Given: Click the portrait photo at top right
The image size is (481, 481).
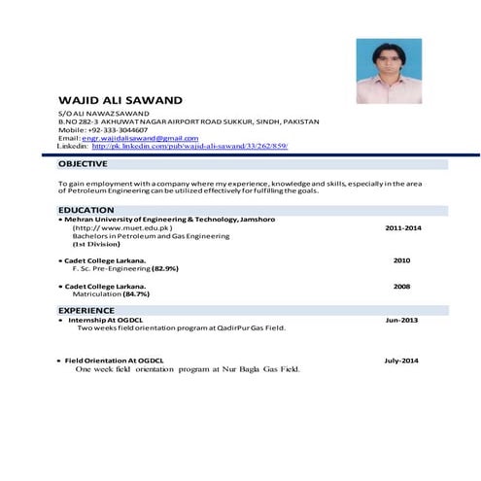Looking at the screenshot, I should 388,71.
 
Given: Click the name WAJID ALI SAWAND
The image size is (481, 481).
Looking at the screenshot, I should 120,100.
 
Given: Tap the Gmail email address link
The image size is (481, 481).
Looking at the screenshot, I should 140,138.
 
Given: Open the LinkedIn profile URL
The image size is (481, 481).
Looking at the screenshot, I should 189,146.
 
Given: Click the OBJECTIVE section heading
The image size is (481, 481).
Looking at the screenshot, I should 83,164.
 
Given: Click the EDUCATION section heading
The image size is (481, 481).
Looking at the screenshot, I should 86,211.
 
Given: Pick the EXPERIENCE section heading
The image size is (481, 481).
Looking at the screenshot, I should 86,310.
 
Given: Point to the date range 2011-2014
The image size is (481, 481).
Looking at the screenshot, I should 402,227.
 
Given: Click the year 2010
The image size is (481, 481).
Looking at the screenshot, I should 401,260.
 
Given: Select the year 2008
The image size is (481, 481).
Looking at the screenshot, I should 401,287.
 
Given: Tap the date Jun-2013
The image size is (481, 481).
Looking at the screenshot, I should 401,320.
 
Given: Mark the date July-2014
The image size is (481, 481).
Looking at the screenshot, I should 400,361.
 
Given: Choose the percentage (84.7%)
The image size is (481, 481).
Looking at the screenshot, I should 135,294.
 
